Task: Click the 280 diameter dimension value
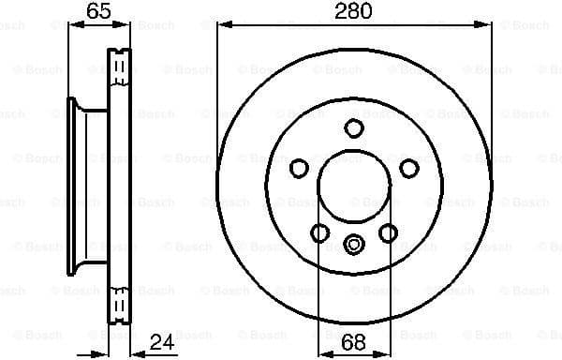coord(354,11)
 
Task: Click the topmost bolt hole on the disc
coord(354,128)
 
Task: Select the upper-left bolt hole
coord(299,168)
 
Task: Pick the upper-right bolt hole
coord(409,168)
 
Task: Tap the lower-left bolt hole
coord(320,232)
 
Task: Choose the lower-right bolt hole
coord(388,232)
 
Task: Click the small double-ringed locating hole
coord(354,246)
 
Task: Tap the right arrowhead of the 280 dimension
coord(486,25)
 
